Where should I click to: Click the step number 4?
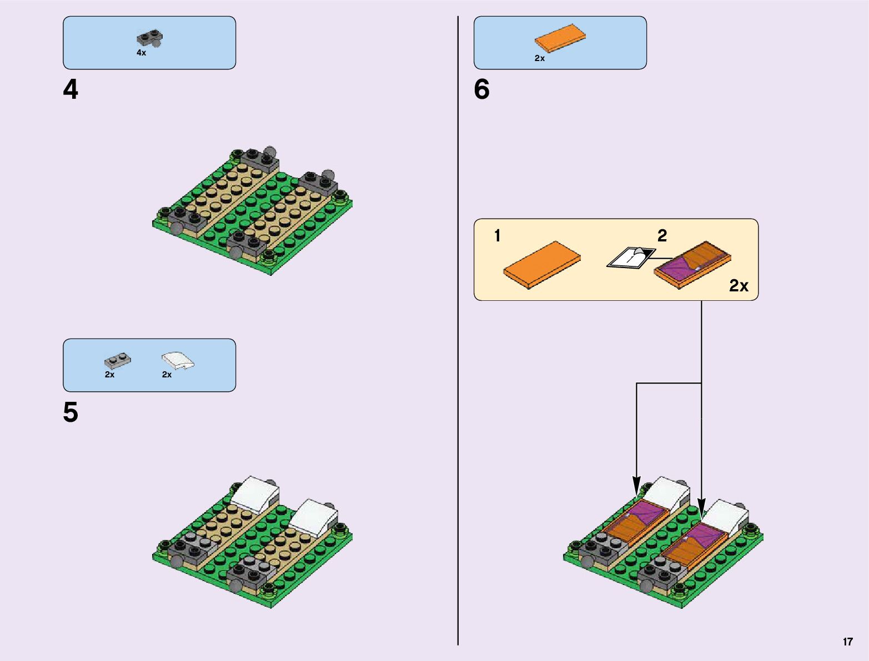pyautogui.click(x=71, y=90)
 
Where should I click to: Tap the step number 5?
pyautogui.click(x=71, y=413)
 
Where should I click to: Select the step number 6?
pyautogui.click(x=481, y=90)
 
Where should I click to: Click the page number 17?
pyautogui.click(x=847, y=642)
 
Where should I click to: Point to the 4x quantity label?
pyautogui.click(x=141, y=53)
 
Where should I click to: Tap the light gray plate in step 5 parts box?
pyautogui.click(x=118, y=361)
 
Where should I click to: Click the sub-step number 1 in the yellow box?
pyautogui.click(x=498, y=236)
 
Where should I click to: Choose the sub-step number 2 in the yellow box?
pyautogui.click(x=662, y=236)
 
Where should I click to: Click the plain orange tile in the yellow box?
pyautogui.click(x=541, y=265)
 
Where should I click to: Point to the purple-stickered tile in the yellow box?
pyautogui.click(x=692, y=264)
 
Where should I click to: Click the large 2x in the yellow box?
pyautogui.click(x=739, y=286)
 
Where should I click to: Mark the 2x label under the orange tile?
pyautogui.click(x=540, y=58)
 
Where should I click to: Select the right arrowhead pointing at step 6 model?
pyautogui.click(x=701, y=509)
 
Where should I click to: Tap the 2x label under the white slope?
pyautogui.click(x=167, y=375)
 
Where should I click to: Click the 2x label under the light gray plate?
pyautogui.click(x=109, y=375)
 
